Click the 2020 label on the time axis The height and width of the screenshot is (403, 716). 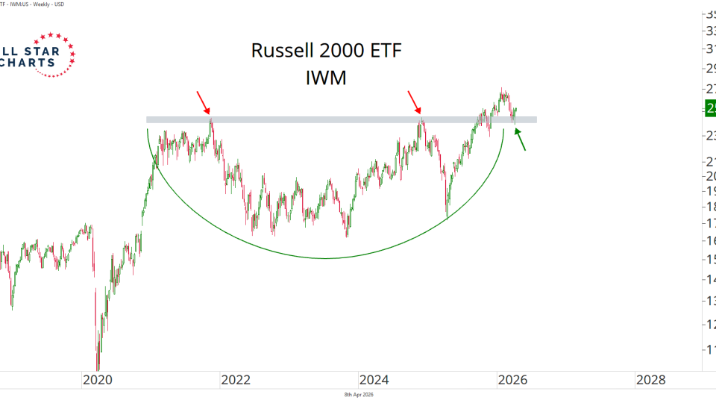98,380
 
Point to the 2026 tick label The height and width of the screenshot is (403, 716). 512,380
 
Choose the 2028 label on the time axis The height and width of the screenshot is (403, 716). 650,380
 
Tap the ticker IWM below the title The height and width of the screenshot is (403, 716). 326,77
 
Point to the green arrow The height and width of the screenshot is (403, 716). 521,140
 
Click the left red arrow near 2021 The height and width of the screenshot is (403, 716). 203,102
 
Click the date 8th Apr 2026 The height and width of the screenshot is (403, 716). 358,394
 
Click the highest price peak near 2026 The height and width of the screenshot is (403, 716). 503,90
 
